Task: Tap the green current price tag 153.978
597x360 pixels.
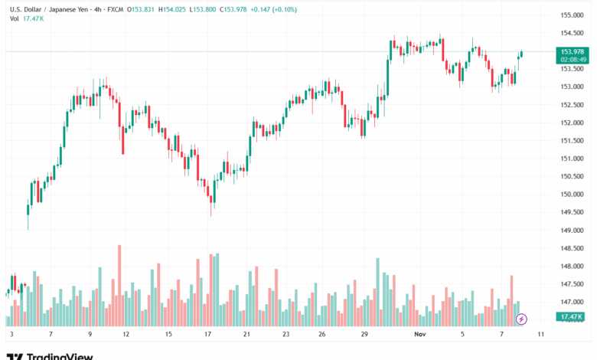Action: pyautogui.click(x=573, y=51)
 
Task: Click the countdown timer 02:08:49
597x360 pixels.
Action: pyautogui.click(x=573, y=59)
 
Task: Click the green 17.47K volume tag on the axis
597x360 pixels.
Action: pyautogui.click(x=572, y=316)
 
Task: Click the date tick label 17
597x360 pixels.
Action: pyautogui.click(x=207, y=335)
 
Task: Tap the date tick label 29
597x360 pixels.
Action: pyautogui.click(x=366, y=335)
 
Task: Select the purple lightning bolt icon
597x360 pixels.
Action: pyautogui.click(x=522, y=319)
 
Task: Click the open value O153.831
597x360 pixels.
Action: pyautogui.click(x=140, y=8)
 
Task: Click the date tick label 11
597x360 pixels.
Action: pyautogui.click(x=541, y=335)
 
